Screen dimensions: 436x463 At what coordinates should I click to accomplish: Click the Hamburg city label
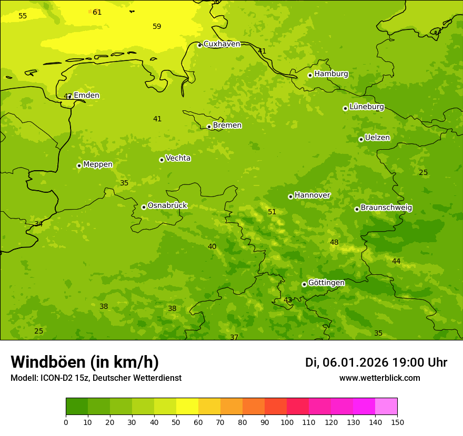pyautogui.click(x=331, y=74)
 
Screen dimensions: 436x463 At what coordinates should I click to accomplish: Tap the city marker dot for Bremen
pyautogui.click(x=209, y=127)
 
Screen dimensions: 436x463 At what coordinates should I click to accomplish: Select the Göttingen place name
pyautogui.click(x=326, y=283)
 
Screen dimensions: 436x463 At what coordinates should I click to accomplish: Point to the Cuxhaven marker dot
pyautogui.click(x=199, y=45)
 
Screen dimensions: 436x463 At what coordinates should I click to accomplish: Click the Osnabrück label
pyautogui.click(x=167, y=205)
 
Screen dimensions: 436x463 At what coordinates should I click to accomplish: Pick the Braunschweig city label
pyautogui.click(x=386, y=208)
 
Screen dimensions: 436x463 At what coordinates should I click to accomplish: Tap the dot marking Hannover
pyautogui.click(x=290, y=196)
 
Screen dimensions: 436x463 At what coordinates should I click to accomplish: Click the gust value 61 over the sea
pyautogui.click(x=97, y=12)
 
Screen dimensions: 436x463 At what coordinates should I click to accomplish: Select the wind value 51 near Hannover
pyautogui.click(x=272, y=212)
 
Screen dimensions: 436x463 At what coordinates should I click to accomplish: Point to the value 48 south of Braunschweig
pyautogui.click(x=334, y=242)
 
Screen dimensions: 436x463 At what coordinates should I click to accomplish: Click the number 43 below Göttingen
pyautogui.click(x=288, y=300)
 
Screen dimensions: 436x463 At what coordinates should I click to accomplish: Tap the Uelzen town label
pyautogui.click(x=377, y=138)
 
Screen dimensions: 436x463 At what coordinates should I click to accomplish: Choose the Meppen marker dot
pyautogui.click(x=79, y=165)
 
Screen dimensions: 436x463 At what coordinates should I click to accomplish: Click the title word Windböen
pyautogui.click(x=48, y=362)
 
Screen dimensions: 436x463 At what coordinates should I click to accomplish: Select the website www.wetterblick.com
pyautogui.click(x=379, y=378)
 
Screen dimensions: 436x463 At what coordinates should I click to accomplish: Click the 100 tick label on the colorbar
pyautogui.click(x=287, y=422)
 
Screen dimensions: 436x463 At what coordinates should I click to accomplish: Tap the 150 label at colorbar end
pyautogui.click(x=397, y=422)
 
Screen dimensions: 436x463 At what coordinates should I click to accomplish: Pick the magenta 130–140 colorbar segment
pyautogui.click(x=364, y=407)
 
